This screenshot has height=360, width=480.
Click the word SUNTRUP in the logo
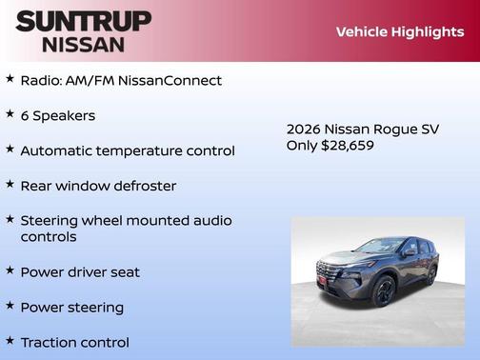point(84,21)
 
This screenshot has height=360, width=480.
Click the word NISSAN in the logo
point(84,44)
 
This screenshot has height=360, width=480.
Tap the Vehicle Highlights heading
point(400,31)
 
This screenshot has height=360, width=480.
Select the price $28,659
point(350,146)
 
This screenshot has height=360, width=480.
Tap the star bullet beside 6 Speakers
point(10,113)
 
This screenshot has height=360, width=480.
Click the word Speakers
point(64,115)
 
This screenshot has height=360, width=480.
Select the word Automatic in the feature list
point(56,150)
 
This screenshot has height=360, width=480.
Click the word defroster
point(143,186)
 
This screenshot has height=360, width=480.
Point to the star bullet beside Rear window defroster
point(10,184)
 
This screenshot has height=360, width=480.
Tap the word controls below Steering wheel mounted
point(49,236)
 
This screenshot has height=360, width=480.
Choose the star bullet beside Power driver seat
point(10,270)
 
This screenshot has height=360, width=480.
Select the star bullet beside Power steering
point(10,306)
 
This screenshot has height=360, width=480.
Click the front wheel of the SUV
point(384,291)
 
